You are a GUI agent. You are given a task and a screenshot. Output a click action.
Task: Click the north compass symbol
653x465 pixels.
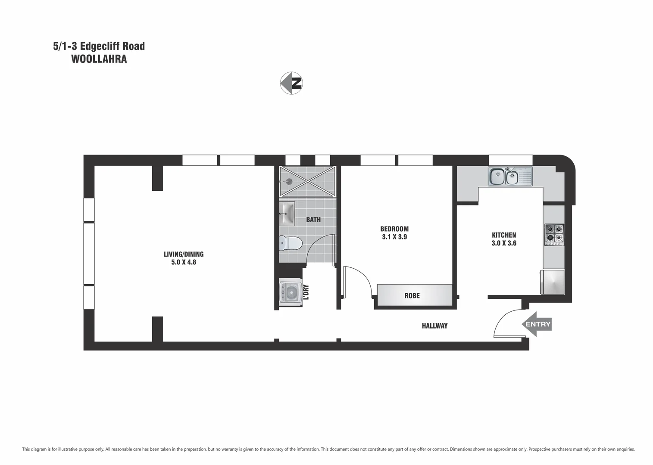tap(291, 83)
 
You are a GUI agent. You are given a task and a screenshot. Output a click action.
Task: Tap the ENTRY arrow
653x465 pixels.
tap(537, 324)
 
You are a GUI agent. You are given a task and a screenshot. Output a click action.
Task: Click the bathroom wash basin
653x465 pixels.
tap(287, 214)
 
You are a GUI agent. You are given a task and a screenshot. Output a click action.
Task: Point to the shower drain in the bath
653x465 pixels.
tap(289, 181)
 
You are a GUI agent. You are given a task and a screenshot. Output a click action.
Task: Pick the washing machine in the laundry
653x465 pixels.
tap(290, 293)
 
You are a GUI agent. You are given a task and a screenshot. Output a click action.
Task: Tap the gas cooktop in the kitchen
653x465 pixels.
tap(554, 235)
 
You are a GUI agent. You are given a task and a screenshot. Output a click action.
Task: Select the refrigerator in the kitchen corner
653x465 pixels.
tap(553, 282)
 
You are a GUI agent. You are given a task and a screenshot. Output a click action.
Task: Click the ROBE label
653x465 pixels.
tap(412, 296)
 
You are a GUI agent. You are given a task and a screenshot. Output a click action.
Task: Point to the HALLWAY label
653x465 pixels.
tap(434, 326)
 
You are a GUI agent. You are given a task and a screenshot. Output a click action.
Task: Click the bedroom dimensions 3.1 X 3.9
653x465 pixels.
tap(394, 237)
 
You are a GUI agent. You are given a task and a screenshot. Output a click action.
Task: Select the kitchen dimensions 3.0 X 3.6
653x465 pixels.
tap(504, 243)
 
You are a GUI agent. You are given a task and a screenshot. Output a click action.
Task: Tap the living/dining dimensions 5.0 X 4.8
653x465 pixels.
tap(184, 262)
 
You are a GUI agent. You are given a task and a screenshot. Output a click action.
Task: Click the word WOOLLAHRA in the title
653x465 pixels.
tap(99, 59)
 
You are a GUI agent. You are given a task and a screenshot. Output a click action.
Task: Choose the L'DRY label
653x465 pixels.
tap(306, 292)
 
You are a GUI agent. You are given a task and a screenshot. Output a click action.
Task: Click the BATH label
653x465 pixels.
tap(313, 220)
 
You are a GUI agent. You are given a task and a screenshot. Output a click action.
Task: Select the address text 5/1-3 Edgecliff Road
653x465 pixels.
tap(99, 46)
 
